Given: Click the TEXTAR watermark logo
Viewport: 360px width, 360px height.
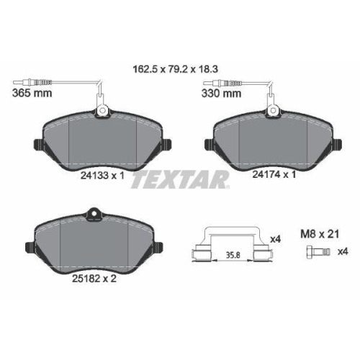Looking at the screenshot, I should click(180, 180).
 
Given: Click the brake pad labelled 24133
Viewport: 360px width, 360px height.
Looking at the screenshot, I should click(100, 144).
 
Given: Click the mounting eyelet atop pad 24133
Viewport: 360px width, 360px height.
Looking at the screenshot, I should click(102, 110).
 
